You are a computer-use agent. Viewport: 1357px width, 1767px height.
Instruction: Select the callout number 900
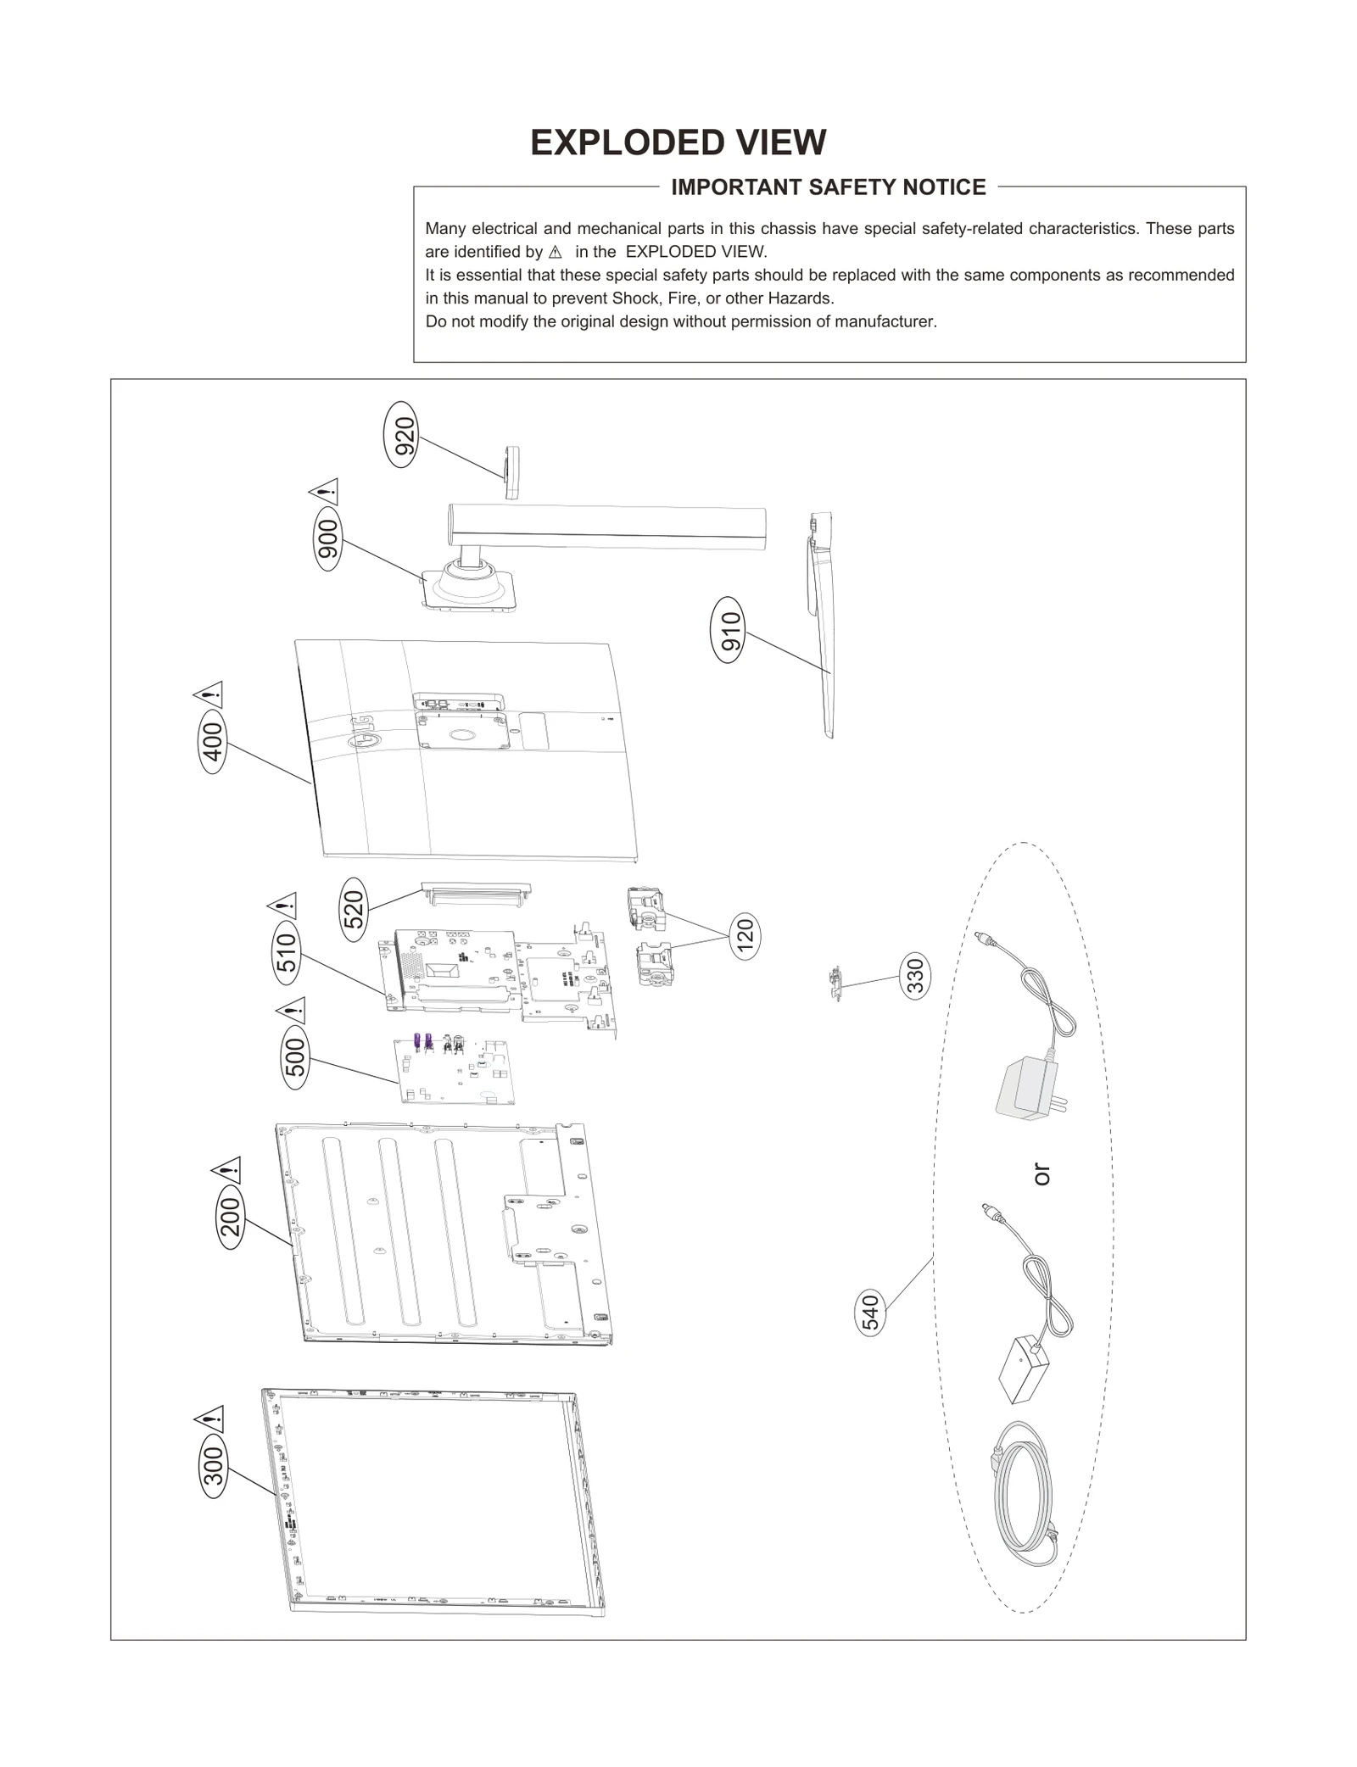click(x=327, y=539)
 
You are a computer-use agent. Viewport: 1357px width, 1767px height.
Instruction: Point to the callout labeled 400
click(x=213, y=742)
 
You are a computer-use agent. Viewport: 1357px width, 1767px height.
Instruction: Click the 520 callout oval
click(x=354, y=908)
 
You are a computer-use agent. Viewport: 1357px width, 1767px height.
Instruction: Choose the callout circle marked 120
click(x=745, y=936)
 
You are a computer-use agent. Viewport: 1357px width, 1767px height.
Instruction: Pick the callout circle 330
click(x=915, y=975)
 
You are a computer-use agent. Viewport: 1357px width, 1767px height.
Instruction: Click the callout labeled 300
click(x=215, y=1465)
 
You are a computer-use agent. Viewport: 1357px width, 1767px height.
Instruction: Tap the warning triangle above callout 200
click(x=227, y=1170)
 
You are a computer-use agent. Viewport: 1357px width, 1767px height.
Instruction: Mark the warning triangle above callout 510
click(x=283, y=906)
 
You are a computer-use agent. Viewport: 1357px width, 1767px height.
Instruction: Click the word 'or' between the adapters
click(x=1041, y=1174)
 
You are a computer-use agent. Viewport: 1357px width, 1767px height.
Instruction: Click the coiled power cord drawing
click(x=1022, y=1497)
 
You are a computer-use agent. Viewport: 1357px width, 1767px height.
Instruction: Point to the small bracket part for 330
click(x=835, y=984)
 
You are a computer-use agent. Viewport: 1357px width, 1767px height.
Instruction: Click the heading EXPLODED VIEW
click(x=678, y=142)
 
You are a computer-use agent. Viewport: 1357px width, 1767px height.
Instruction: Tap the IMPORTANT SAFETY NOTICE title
click(x=828, y=187)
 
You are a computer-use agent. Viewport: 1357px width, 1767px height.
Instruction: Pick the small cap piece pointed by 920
click(x=511, y=472)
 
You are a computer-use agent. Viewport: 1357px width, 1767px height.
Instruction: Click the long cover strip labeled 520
click(x=477, y=893)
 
